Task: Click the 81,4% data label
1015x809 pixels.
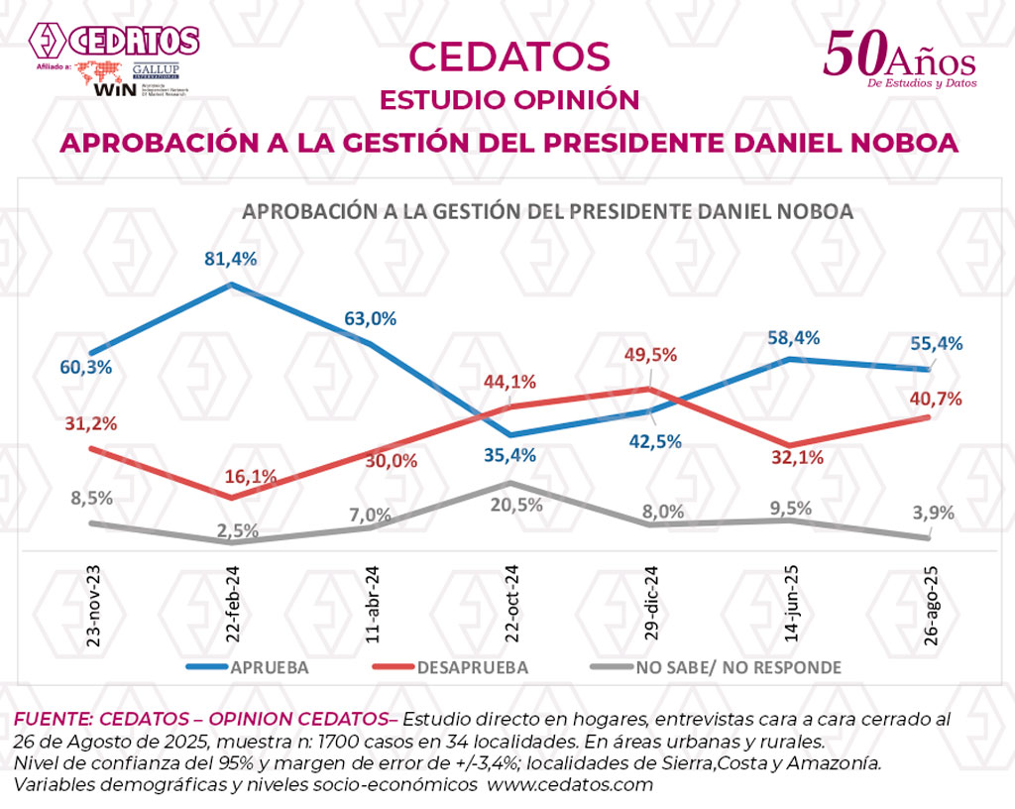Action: (230, 259)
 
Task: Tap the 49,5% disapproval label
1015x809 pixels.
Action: (649, 355)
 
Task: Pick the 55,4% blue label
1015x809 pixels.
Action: (937, 343)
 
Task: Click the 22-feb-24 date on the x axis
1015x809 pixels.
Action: (232, 606)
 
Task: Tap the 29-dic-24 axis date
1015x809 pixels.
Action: (649, 606)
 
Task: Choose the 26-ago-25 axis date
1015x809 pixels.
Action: (929, 606)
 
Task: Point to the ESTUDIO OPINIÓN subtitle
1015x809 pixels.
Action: (509, 100)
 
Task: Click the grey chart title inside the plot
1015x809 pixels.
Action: (548, 211)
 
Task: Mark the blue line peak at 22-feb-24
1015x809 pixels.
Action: (231, 285)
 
